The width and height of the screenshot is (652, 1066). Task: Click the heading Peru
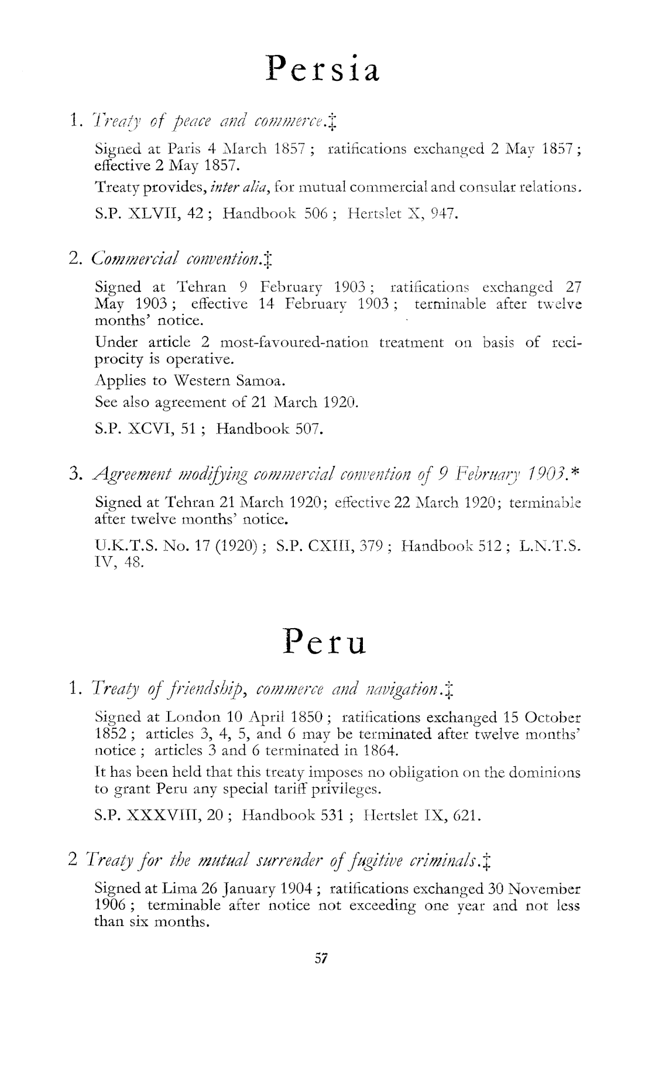(x=325, y=642)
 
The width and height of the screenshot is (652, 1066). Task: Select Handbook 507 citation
(x=269, y=429)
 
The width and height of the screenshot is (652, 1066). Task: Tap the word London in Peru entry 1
(x=190, y=717)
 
